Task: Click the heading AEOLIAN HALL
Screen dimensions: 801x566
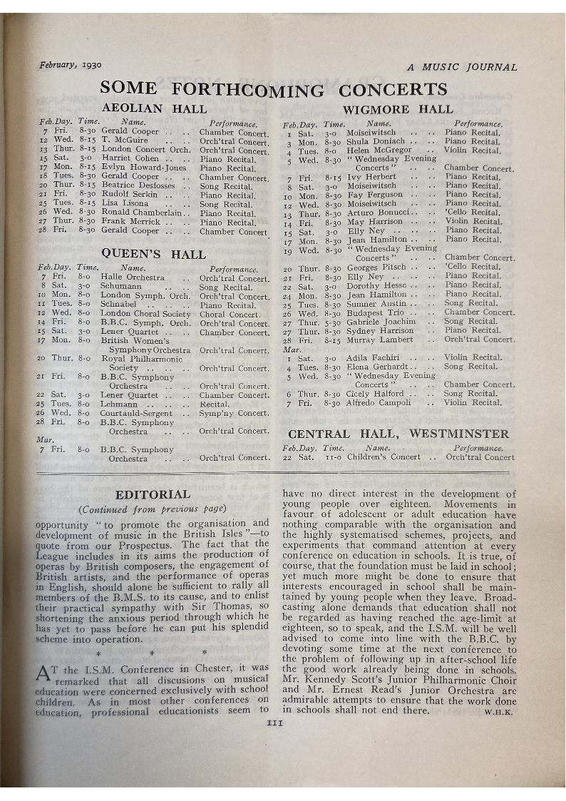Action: click(x=154, y=109)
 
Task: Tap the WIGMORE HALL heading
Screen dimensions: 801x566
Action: click(x=398, y=109)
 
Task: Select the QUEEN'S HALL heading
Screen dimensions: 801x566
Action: click(x=153, y=253)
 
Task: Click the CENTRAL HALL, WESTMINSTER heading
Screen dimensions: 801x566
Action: click(x=398, y=434)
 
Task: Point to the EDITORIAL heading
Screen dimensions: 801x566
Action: click(x=153, y=494)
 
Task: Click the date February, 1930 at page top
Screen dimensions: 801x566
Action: click(x=70, y=64)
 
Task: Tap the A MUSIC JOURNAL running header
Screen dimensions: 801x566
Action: click(x=462, y=67)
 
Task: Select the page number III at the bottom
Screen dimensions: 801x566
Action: click(x=274, y=723)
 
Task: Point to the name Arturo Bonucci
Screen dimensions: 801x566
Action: click(x=378, y=213)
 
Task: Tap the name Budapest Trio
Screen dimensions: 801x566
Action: click(x=375, y=312)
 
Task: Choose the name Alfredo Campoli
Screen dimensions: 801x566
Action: click(x=379, y=402)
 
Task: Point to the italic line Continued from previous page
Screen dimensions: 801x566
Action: click(x=153, y=509)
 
